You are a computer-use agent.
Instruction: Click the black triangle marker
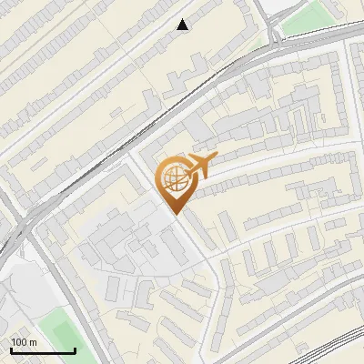pyautogui.click(x=183, y=25)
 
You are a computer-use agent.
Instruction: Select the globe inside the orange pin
pyautogui.click(x=173, y=178)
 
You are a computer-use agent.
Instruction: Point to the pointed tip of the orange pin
pyautogui.click(x=174, y=214)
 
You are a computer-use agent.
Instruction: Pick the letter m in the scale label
pyautogui.click(x=35, y=341)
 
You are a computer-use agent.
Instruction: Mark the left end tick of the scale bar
pyautogui.click(x=12, y=349)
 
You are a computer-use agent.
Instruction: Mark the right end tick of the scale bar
pyautogui.click(x=74, y=349)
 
